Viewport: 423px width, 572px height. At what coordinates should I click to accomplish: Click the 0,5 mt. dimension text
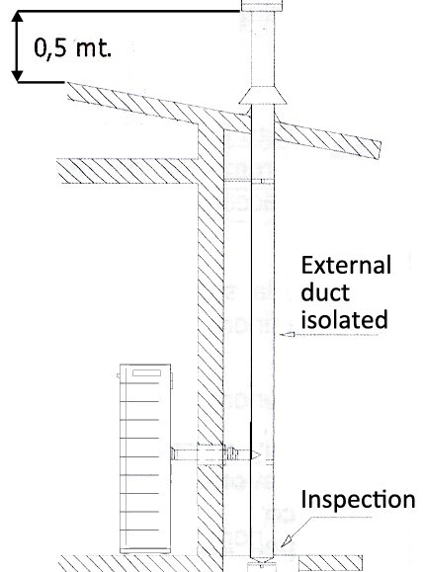(72, 47)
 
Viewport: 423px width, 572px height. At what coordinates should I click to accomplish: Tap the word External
(346, 265)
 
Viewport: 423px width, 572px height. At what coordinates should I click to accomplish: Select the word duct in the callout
(325, 291)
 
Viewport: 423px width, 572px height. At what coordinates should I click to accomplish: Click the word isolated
(344, 319)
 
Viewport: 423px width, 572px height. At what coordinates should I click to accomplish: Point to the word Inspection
(358, 499)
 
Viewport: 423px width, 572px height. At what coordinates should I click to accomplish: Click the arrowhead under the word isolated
(287, 334)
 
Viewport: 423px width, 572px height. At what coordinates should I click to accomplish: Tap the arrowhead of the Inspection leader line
(288, 540)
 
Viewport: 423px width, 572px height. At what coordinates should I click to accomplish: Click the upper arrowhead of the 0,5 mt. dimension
(17, 19)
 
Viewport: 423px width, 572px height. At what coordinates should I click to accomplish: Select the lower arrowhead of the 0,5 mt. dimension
(17, 75)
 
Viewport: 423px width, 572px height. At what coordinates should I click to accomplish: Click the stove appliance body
(145, 458)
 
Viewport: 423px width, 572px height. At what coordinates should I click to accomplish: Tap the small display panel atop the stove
(146, 372)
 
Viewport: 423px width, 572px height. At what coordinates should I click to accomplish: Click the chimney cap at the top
(262, 6)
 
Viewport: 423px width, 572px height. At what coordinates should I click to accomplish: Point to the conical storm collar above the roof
(263, 96)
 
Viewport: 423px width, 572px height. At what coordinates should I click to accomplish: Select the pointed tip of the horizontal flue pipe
(260, 455)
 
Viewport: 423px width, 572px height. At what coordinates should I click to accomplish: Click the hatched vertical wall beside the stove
(211, 328)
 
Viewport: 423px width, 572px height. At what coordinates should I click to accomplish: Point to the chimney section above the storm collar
(263, 49)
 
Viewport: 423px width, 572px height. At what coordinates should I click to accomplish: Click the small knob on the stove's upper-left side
(119, 375)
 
